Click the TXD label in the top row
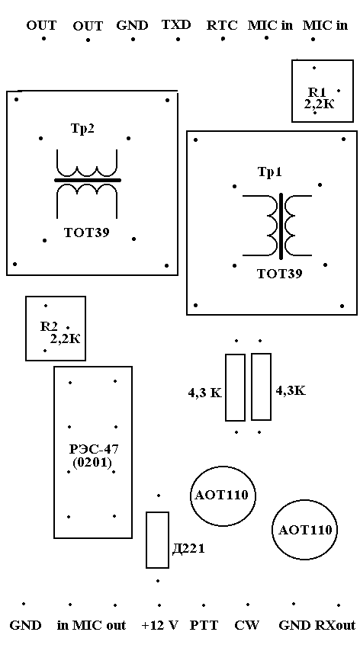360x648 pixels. [x=176, y=25]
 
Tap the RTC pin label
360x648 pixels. [x=222, y=25]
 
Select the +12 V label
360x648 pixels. [x=159, y=625]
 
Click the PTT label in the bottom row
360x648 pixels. [x=204, y=625]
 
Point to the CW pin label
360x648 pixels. [x=247, y=625]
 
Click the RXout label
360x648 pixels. [x=335, y=625]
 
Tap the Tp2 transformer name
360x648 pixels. [x=83, y=128]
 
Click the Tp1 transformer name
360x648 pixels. [x=269, y=172]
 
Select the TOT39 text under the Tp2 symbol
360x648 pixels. [x=86, y=233]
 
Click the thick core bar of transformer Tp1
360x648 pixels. [x=281, y=226]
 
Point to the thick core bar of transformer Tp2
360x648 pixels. [x=88, y=180]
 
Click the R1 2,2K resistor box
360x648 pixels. [x=323, y=91]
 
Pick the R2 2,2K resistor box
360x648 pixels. [x=56, y=328]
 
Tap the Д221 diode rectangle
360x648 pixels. [x=157, y=540]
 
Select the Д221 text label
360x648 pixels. [x=188, y=549]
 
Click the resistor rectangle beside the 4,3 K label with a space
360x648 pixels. [x=235, y=387]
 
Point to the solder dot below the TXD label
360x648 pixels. [x=178, y=40]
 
